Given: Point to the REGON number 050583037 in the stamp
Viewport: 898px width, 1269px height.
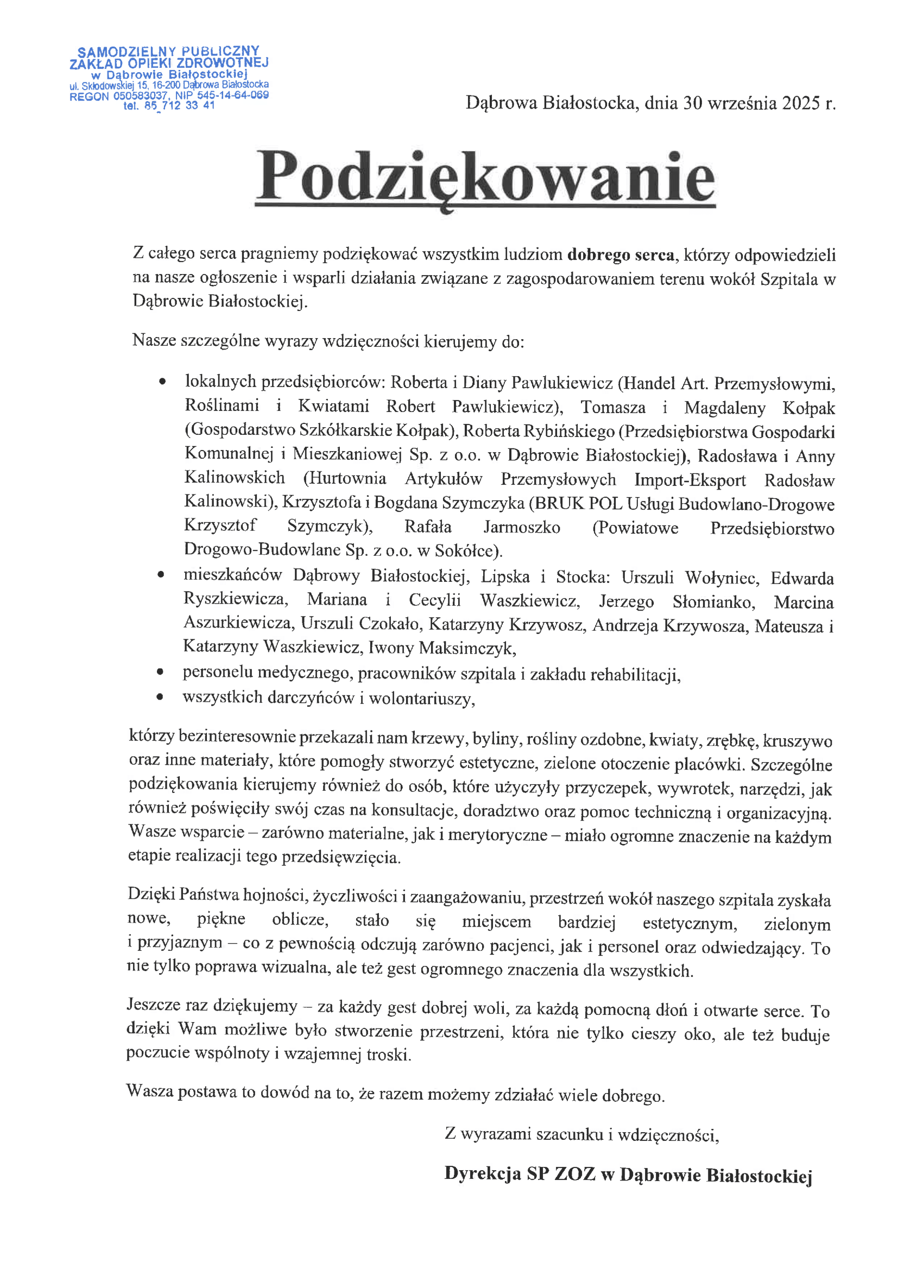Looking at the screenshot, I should coord(140,96).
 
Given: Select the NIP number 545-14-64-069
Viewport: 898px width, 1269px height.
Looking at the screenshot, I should coord(233,96).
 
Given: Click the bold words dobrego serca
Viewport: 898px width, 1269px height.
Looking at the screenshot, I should coord(621,255).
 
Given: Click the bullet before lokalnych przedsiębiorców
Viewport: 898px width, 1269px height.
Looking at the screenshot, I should coord(161,382).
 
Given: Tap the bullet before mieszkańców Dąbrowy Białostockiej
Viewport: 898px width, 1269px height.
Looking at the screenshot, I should coord(160,575).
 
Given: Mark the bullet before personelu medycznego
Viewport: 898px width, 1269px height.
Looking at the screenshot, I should coord(160,672).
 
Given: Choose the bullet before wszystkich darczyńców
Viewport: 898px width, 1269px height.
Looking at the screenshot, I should coord(160,697).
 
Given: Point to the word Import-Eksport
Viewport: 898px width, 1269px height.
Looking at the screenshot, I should coord(690,480).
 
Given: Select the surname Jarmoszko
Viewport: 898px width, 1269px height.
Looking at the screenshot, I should coord(521,527).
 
